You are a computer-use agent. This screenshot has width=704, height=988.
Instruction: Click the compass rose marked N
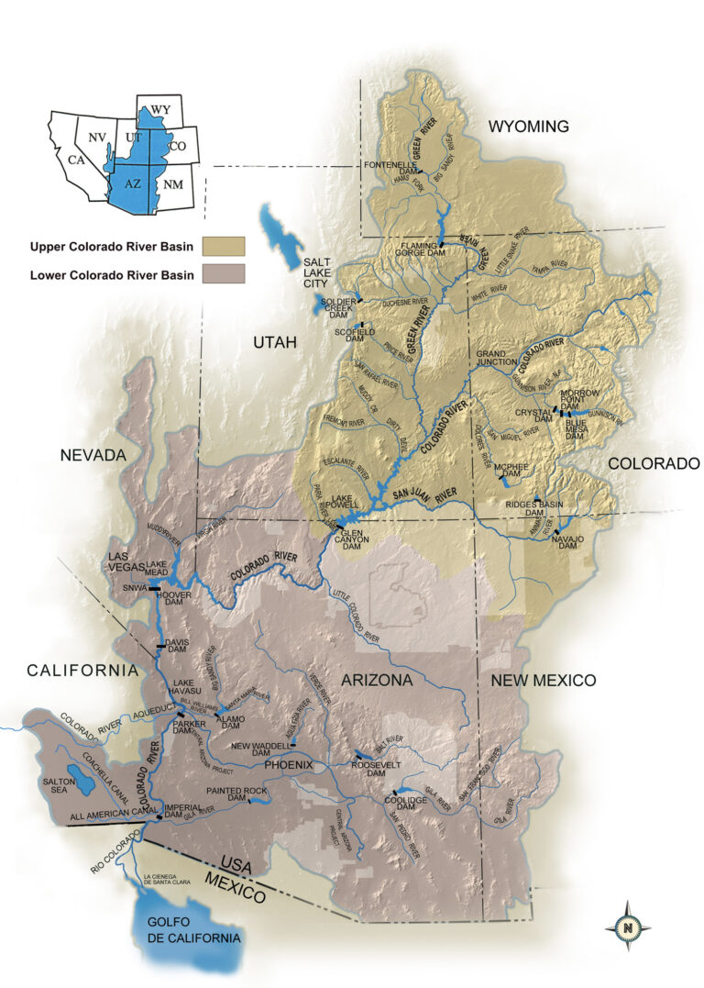(629, 927)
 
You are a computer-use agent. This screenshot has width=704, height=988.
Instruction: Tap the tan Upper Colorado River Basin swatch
(225, 246)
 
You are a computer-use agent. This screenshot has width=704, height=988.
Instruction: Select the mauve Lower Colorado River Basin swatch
(225, 273)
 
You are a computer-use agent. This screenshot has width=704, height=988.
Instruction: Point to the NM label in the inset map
(172, 184)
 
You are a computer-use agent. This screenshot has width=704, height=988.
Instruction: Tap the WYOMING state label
(528, 126)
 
